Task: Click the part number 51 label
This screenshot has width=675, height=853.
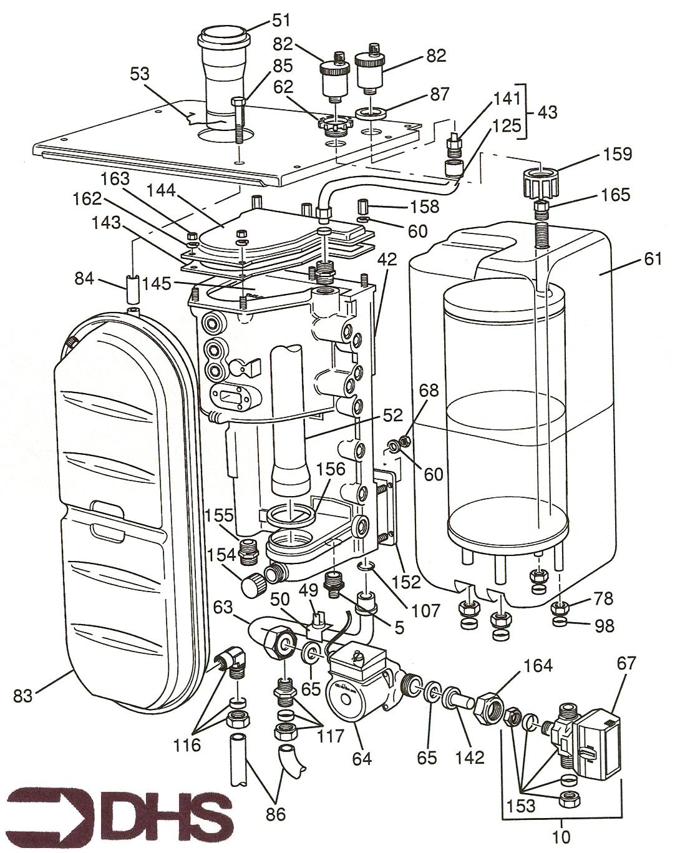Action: pyautogui.click(x=281, y=20)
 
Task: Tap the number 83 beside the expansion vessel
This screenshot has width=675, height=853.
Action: pyautogui.click(x=22, y=695)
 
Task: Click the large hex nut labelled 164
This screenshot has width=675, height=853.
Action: pyautogui.click(x=491, y=708)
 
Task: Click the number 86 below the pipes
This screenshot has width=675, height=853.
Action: pyautogui.click(x=276, y=814)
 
